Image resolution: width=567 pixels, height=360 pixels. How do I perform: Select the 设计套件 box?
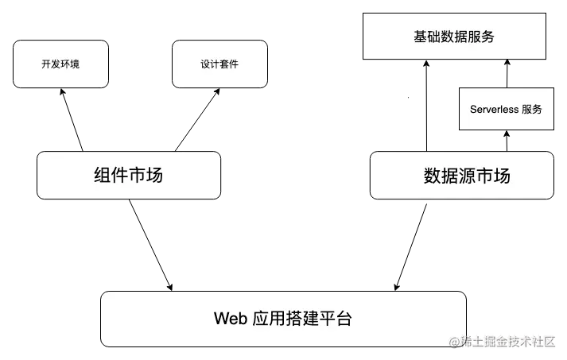(x=219, y=64)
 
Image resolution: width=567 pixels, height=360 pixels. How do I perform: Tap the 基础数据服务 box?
(x=454, y=37)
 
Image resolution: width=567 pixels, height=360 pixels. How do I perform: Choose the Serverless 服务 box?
(x=506, y=109)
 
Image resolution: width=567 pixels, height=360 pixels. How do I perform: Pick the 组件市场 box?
(x=128, y=175)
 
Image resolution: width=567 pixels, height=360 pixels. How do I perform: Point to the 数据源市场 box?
(x=461, y=175)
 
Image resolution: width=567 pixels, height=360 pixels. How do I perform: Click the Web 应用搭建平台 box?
(x=283, y=319)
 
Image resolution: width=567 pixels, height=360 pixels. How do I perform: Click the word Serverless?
(x=494, y=109)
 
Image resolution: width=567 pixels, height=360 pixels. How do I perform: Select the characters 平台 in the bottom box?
(x=335, y=319)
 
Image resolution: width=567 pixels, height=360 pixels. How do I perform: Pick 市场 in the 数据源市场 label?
(x=493, y=176)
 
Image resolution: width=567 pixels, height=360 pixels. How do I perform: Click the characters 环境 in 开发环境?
(x=70, y=64)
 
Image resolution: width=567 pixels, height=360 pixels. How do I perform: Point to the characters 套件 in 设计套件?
(x=229, y=64)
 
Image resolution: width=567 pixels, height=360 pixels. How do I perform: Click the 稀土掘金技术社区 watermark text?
(x=509, y=343)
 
